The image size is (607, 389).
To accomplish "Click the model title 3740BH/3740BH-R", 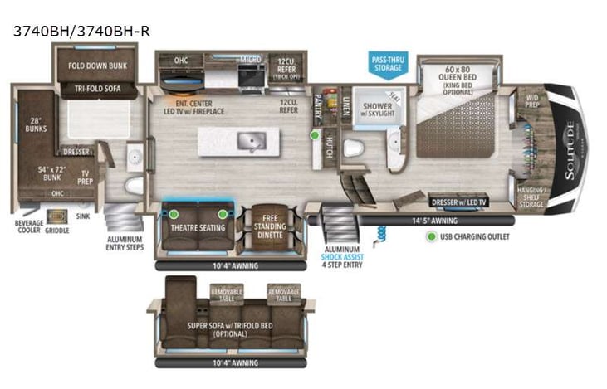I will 81,32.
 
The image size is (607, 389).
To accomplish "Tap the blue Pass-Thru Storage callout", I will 387,63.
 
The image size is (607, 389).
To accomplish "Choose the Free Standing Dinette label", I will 268,225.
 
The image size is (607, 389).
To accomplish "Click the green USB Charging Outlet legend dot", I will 431,236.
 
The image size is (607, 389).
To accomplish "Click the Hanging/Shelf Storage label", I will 531,197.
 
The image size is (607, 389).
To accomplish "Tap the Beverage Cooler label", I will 27,227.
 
